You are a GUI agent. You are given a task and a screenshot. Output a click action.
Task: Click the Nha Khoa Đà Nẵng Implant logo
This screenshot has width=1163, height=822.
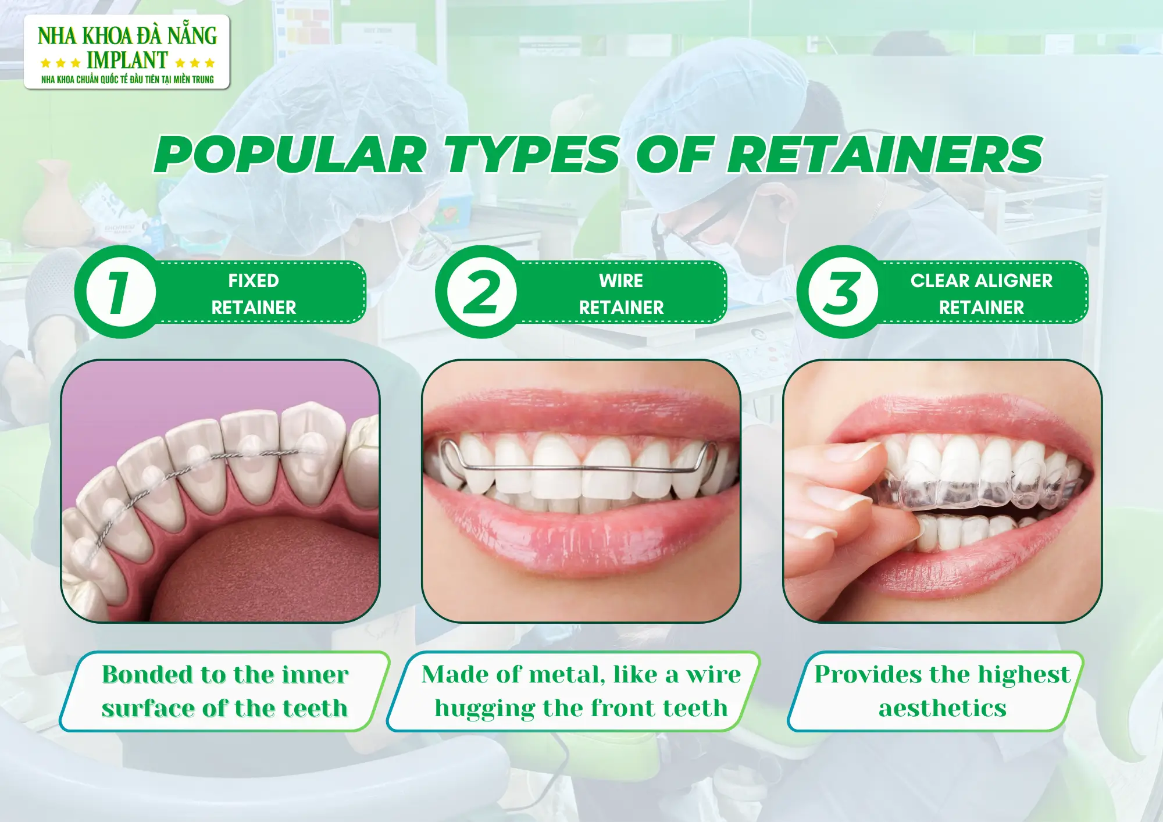point(127,52)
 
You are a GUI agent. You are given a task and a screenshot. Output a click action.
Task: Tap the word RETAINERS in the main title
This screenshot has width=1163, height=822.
point(885,155)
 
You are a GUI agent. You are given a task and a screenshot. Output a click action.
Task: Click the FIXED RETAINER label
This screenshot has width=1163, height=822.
point(254,294)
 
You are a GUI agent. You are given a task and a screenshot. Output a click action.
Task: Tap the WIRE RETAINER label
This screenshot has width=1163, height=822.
point(621,294)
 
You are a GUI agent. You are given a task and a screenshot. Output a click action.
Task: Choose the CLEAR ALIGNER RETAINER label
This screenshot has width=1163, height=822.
point(982,294)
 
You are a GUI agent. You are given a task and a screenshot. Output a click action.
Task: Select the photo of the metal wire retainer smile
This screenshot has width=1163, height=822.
point(581,491)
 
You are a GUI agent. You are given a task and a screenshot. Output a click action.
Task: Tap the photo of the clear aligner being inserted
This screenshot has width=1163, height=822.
point(942,491)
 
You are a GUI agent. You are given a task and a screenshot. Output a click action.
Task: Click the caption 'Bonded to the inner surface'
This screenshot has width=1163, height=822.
point(225,691)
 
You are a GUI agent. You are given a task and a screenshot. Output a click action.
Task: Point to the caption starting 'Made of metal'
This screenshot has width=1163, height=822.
point(581,691)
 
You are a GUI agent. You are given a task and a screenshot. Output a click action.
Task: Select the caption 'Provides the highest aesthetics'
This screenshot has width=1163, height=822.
point(941,691)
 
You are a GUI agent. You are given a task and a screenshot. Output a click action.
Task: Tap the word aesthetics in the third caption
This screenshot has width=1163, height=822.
point(942,709)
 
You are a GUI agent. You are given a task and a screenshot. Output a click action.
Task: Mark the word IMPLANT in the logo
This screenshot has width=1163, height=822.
point(127,60)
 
